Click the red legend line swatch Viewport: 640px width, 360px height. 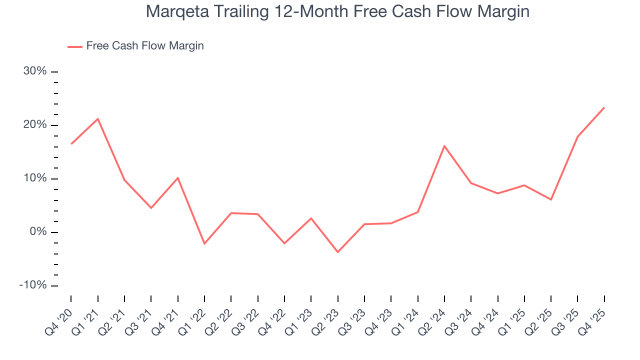(x=75, y=46)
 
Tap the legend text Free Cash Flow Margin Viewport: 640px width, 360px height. (x=145, y=46)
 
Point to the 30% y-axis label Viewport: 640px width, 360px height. (x=35, y=71)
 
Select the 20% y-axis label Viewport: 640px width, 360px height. (x=35, y=125)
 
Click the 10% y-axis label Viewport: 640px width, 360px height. (x=35, y=178)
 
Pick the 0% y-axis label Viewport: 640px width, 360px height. (x=38, y=232)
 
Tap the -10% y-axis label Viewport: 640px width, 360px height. (x=33, y=285)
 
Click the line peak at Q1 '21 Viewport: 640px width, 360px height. (x=97, y=118)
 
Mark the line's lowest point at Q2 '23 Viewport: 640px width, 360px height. (x=337, y=252)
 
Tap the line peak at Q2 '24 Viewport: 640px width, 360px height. (x=444, y=146)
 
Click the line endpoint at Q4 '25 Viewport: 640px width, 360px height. (x=604, y=107)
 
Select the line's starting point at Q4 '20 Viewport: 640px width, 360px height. (x=71, y=144)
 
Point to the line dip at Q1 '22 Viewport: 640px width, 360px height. (x=204, y=243)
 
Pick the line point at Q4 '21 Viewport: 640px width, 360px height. (x=177, y=177)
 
